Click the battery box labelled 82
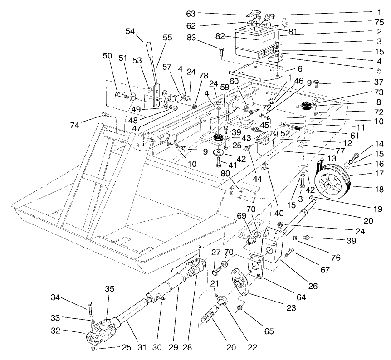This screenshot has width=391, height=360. click(x=256, y=44)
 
